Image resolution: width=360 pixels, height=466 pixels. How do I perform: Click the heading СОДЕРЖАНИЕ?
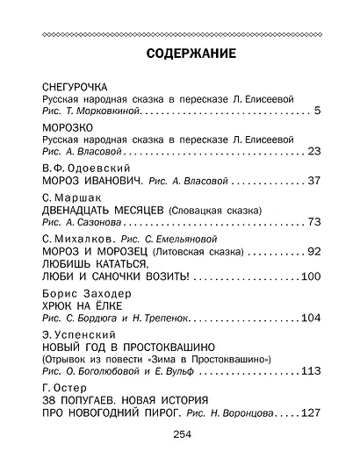[179, 54]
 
